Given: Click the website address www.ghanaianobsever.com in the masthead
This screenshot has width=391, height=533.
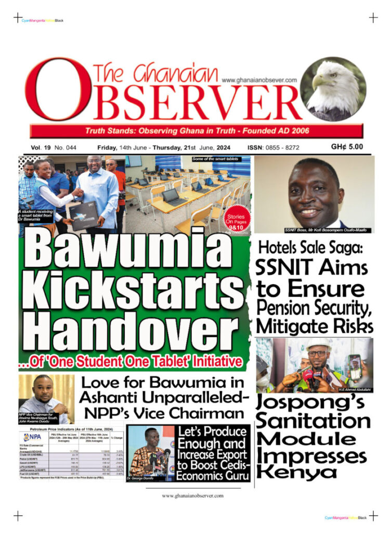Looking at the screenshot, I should pyautogui.click(x=259, y=80).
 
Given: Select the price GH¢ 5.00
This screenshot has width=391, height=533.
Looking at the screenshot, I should pyautogui.click(x=347, y=147).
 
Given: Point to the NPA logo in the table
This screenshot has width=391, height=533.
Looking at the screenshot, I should pyautogui.click(x=33, y=437).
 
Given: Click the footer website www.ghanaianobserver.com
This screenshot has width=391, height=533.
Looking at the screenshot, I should pyautogui.click(x=193, y=496).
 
